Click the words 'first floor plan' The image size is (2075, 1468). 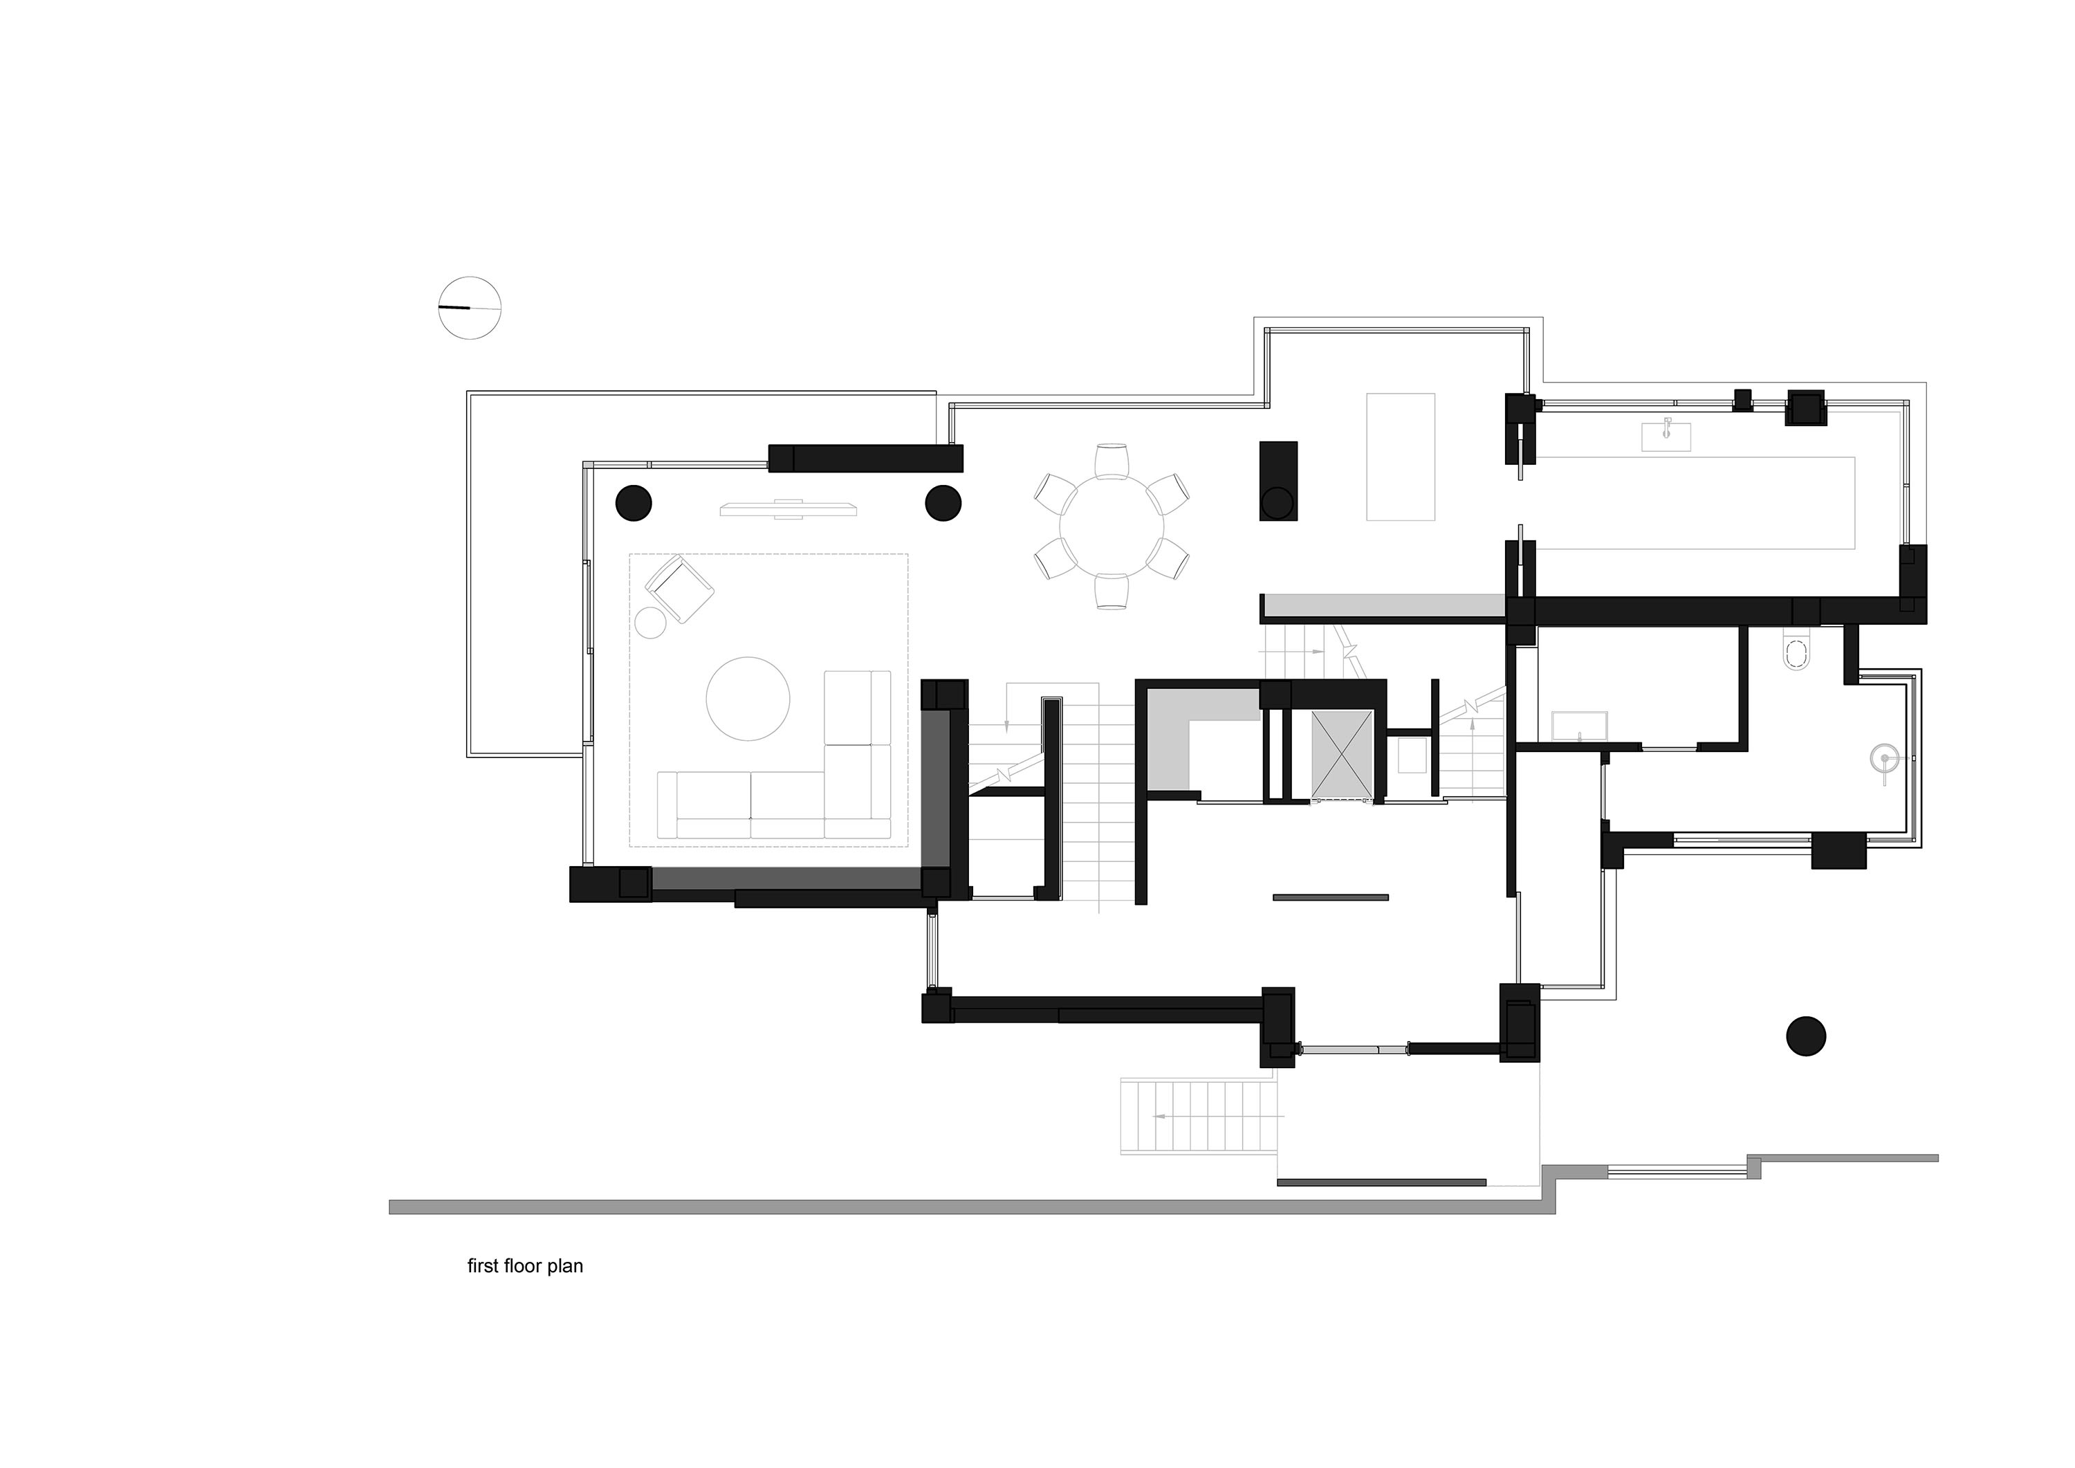coord(524,1265)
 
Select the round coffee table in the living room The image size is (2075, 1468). coord(748,699)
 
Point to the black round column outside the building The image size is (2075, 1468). coord(1806,1036)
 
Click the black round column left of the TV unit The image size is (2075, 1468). coord(634,502)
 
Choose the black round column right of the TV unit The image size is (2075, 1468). coord(943,502)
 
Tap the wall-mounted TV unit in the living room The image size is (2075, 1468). coord(788,509)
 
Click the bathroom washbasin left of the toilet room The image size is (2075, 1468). coord(1579,726)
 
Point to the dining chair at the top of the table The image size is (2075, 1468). coord(1112,460)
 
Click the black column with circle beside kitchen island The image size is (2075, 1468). coord(1279,481)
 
